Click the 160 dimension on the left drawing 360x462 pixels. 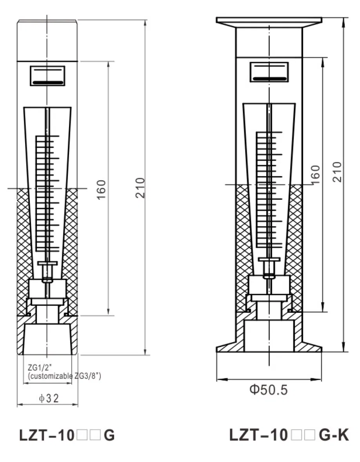click(x=101, y=190)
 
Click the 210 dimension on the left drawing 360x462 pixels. click(x=140, y=188)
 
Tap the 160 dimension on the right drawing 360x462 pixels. click(x=315, y=175)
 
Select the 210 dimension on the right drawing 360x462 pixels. click(x=337, y=172)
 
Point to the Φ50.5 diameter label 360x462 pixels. click(x=269, y=389)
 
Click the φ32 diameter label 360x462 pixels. click(x=49, y=398)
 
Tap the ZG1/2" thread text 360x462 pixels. click(x=40, y=367)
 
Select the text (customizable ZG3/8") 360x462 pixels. click(x=64, y=376)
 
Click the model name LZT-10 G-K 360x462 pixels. click(x=289, y=435)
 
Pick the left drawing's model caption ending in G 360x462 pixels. click(x=67, y=435)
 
